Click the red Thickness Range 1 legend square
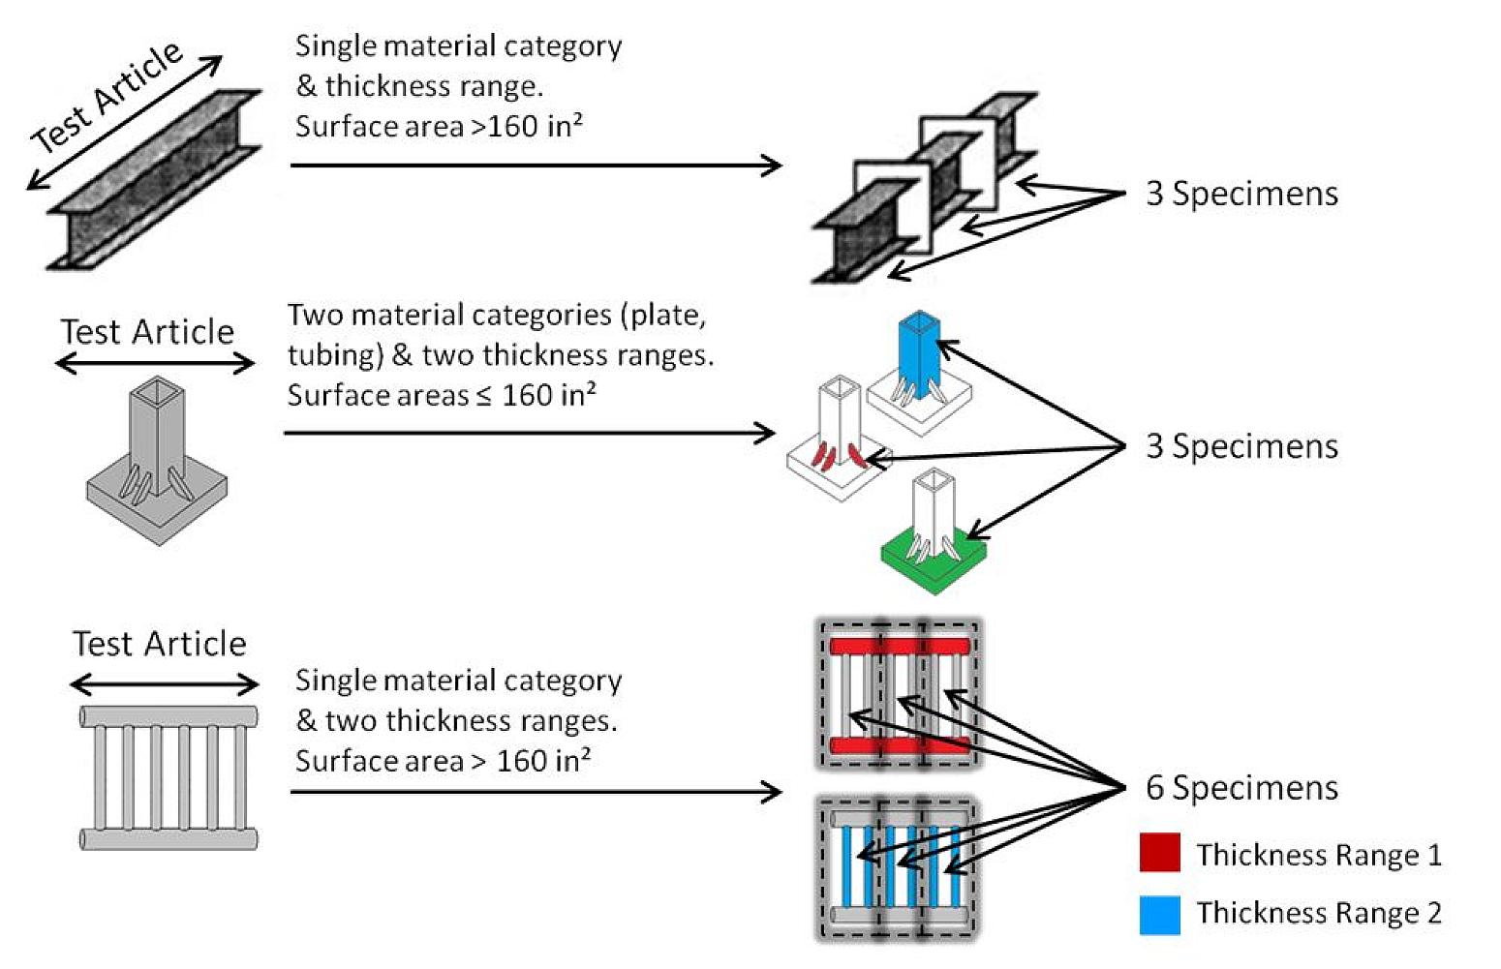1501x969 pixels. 1159,853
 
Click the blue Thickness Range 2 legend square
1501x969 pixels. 1159,915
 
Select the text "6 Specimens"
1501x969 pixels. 1241,788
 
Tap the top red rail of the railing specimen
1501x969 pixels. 898,646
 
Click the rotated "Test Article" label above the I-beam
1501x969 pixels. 107,97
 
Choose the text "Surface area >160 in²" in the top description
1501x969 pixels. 439,127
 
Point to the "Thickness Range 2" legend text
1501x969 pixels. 1318,913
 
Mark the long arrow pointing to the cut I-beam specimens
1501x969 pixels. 536,166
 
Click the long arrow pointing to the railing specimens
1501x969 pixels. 536,793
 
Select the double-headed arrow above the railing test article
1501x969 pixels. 165,685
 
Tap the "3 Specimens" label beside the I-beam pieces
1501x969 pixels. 1241,194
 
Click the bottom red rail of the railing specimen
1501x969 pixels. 898,744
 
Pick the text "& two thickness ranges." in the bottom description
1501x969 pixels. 456,721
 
